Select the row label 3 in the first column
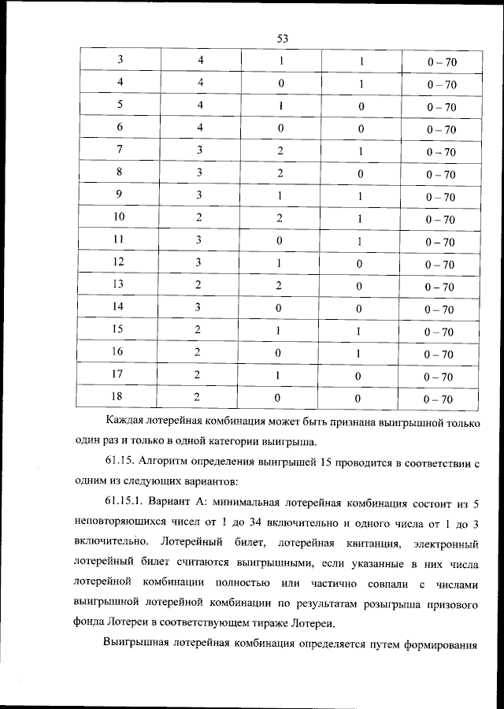tap(120, 60)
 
